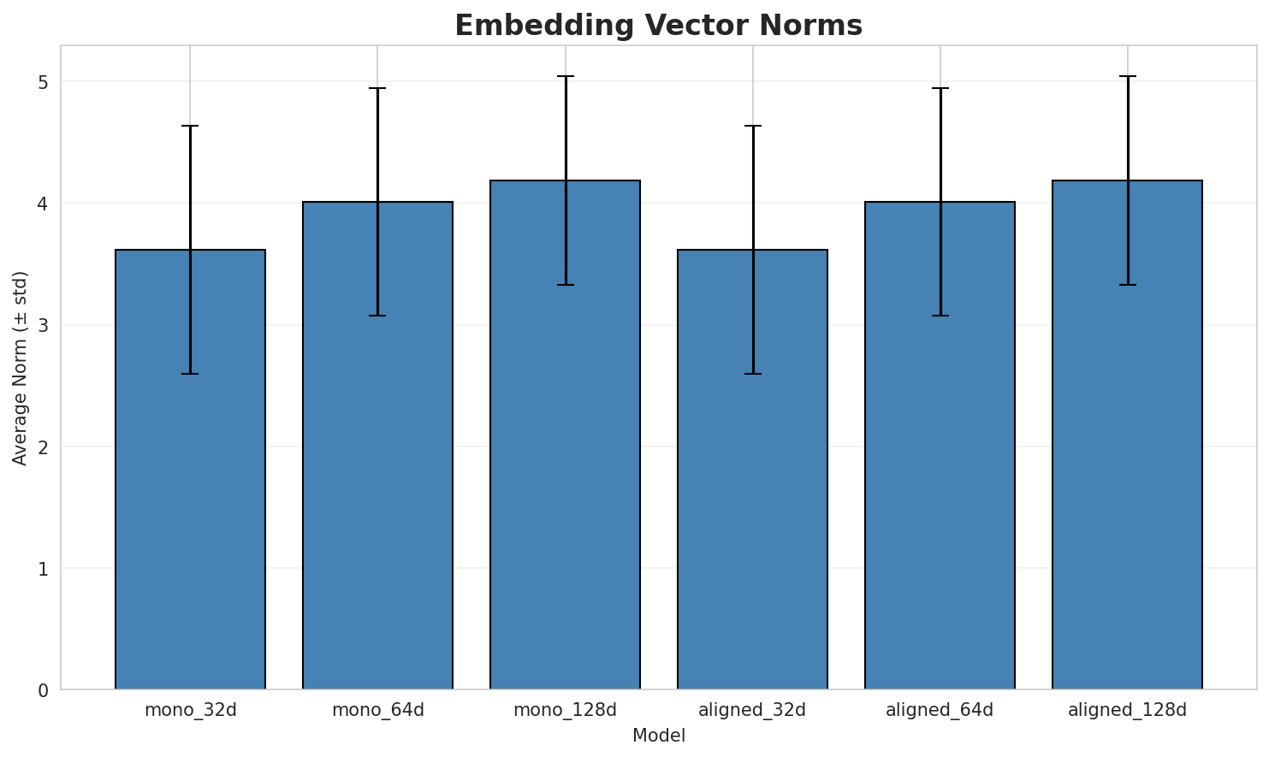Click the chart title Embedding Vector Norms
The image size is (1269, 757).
[658, 26]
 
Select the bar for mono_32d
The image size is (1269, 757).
[190, 470]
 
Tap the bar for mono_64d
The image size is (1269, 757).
[377, 446]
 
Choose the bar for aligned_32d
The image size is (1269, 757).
[752, 470]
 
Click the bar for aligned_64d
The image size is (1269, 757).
[940, 446]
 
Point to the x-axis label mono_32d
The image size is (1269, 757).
[190, 710]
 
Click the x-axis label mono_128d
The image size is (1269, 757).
[565, 710]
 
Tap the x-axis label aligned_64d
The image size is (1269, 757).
[940, 710]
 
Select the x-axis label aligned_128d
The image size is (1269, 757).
[1127, 710]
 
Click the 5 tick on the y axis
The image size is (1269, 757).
[42, 82]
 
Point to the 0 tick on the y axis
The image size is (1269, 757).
[42, 689]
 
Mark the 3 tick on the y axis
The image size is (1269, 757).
[42, 325]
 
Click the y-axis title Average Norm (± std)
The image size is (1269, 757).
[21, 368]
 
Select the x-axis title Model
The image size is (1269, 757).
[658, 736]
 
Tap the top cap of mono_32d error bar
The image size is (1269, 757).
[190, 126]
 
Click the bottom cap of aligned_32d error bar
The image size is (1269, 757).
[752, 374]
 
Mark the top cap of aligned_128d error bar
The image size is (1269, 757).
[1127, 76]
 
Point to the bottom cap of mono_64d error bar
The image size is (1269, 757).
[377, 316]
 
